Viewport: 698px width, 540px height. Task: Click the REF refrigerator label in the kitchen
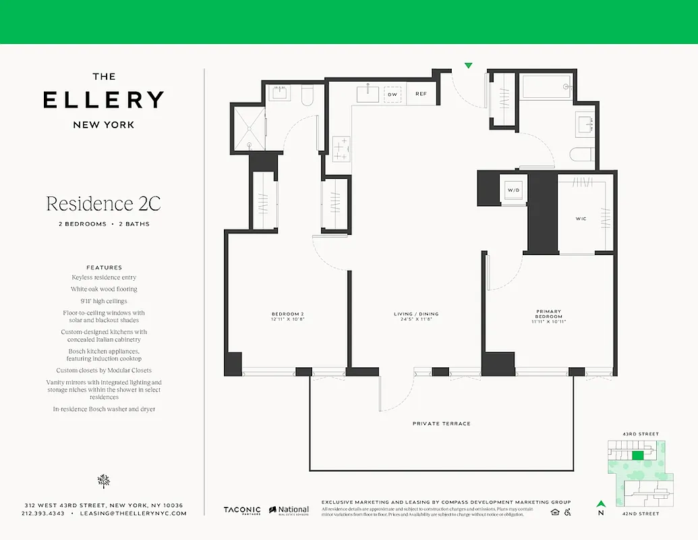pyautogui.click(x=421, y=94)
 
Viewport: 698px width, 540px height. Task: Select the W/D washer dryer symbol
pyautogui.click(x=514, y=190)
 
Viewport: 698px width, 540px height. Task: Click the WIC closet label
pyautogui.click(x=581, y=219)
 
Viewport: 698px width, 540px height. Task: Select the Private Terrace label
pyautogui.click(x=441, y=424)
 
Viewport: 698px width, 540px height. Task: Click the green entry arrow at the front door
pyautogui.click(x=468, y=65)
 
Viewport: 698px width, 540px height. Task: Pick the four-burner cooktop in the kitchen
pyautogui.click(x=342, y=148)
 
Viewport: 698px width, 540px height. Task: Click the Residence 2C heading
pyautogui.click(x=103, y=203)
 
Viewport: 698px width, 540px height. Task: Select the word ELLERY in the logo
pyautogui.click(x=103, y=100)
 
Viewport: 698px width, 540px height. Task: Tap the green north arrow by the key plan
pyautogui.click(x=600, y=503)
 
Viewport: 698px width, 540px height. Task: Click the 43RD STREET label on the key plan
pyautogui.click(x=641, y=434)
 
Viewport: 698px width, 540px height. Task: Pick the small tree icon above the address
pyautogui.click(x=103, y=481)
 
